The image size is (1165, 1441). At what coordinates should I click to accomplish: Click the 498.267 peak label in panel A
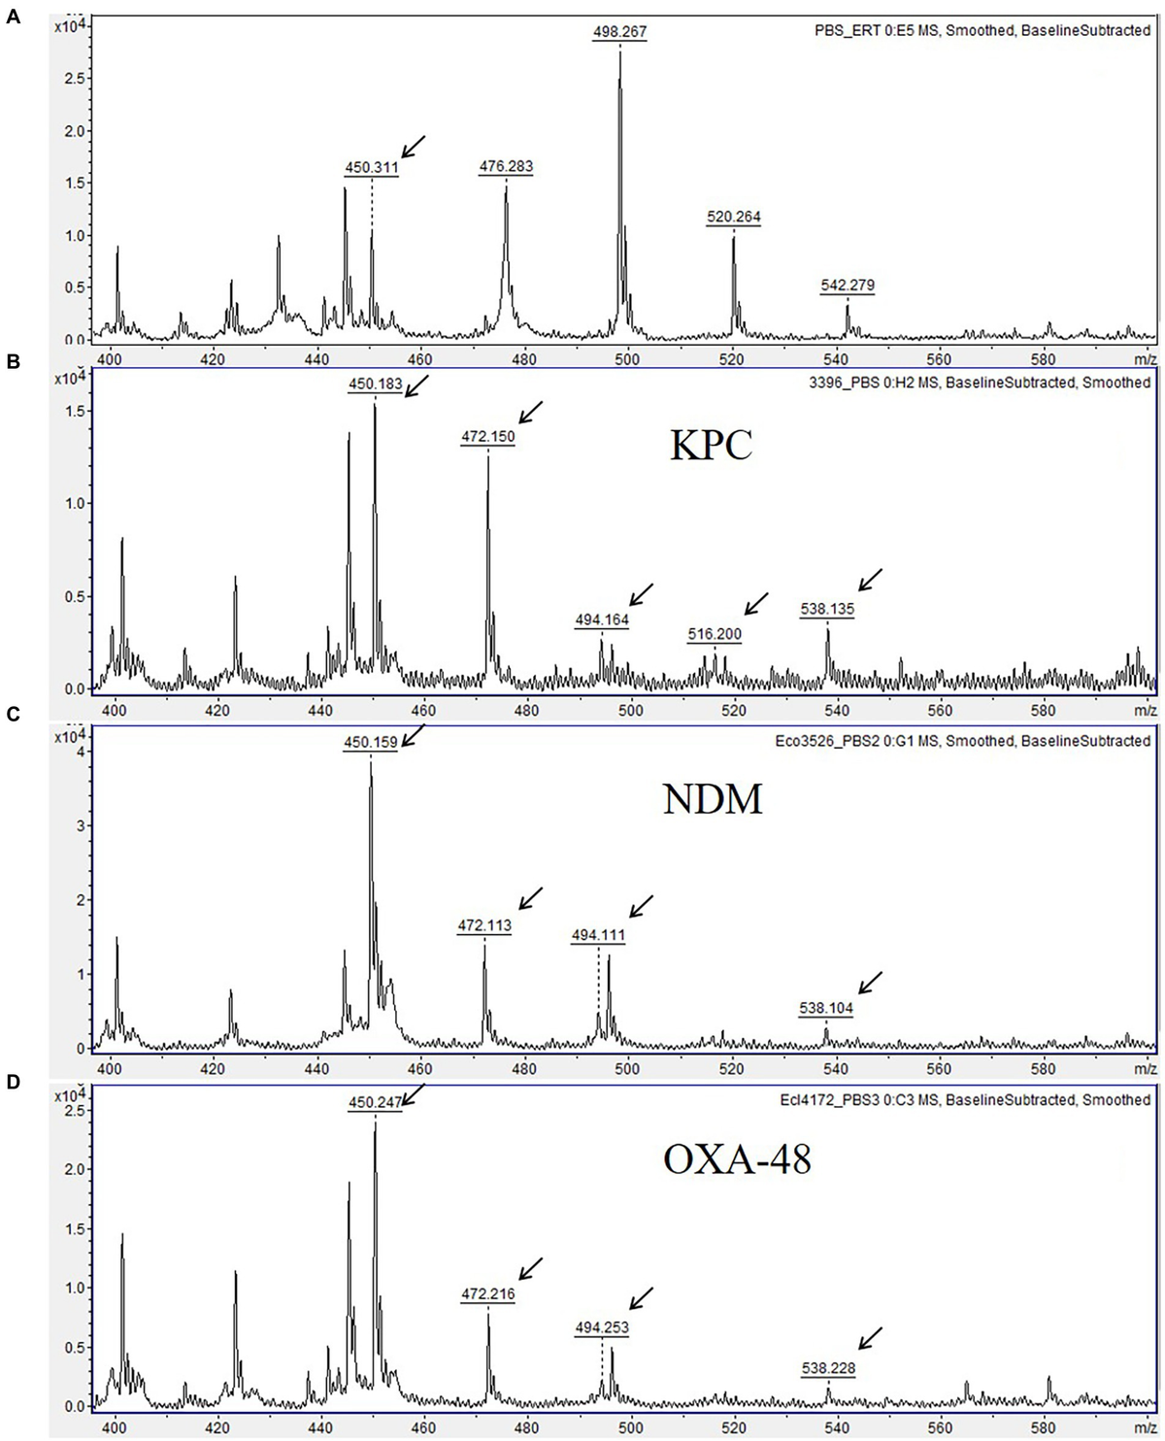point(619,32)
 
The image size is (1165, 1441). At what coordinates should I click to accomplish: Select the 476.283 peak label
point(506,167)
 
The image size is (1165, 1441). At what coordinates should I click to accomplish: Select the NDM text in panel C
point(712,798)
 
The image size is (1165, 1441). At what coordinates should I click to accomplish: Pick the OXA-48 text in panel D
point(737,1158)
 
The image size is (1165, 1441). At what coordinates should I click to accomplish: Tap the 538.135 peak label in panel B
point(827,610)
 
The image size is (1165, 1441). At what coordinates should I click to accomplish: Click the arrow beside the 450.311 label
point(414,146)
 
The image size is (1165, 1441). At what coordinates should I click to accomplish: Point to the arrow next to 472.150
point(531,411)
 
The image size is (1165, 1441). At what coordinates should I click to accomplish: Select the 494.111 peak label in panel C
point(598,935)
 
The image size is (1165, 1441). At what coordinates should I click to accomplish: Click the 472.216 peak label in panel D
point(487,1294)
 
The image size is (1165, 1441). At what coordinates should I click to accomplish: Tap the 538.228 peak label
point(828,1368)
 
